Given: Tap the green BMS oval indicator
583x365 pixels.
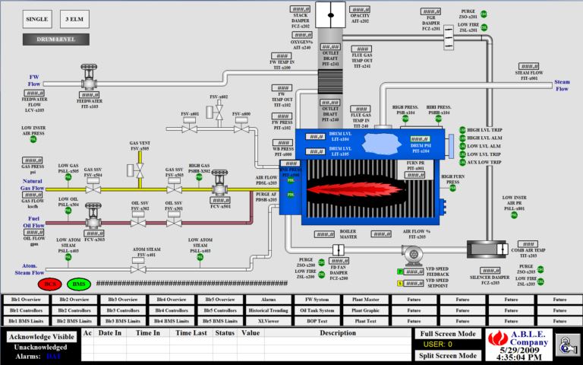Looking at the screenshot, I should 78,284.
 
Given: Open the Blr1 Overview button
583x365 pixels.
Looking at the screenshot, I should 26,300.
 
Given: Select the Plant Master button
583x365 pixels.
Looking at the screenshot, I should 365,300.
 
